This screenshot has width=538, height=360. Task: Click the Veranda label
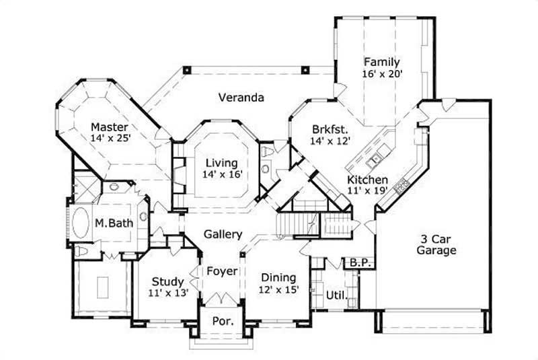click(x=240, y=97)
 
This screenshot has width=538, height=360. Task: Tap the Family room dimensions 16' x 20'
click(x=382, y=74)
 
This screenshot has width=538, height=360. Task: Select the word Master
click(x=110, y=127)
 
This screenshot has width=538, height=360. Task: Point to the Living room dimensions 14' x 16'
click(x=221, y=174)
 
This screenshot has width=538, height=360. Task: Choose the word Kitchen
click(x=367, y=180)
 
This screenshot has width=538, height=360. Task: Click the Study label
click(x=167, y=281)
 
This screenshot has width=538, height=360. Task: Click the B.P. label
click(x=354, y=263)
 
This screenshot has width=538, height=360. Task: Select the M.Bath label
click(x=114, y=223)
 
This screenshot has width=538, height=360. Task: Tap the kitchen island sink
click(x=374, y=159)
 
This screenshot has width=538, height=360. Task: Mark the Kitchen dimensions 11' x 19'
click(x=367, y=191)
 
